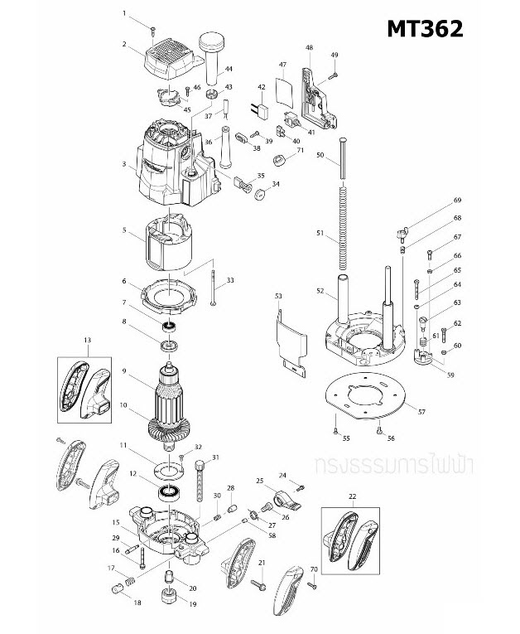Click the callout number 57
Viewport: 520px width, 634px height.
[421, 412]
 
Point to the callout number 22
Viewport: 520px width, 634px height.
[352, 496]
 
